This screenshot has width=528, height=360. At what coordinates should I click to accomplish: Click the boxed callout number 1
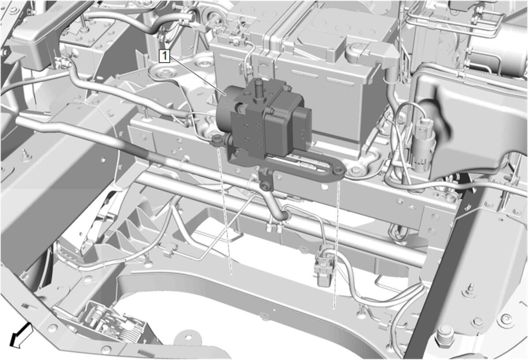click(x=165, y=56)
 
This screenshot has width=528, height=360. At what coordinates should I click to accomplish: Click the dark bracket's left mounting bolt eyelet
click(x=216, y=140)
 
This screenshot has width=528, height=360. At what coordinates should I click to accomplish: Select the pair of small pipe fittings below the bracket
click(x=274, y=227)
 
